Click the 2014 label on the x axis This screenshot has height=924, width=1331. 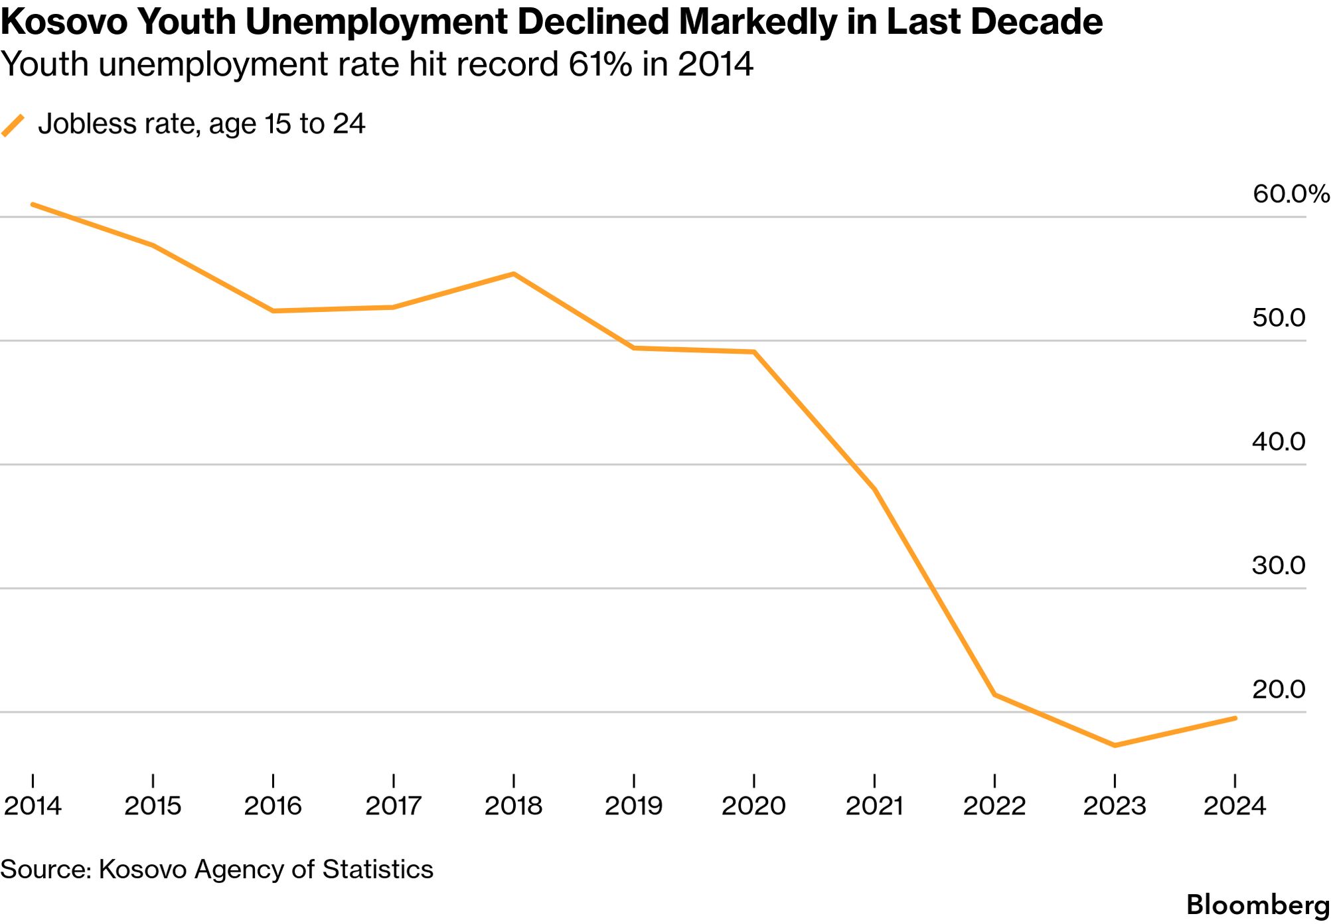click(x=33, y=806)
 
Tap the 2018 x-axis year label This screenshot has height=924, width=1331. click(x=513, y=806)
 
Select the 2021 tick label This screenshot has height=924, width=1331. click(x=874, y=806)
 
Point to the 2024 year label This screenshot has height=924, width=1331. click(x=1235, y=806)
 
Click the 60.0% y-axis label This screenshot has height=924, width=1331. click(x=1291, y=194)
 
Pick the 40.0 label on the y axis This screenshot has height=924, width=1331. click(x=1279, y=441)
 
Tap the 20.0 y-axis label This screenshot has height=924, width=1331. click(x=1279, y=690)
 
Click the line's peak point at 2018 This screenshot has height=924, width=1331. click(x=514, y=273)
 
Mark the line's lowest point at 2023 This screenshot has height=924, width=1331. click(x=1115, y=745)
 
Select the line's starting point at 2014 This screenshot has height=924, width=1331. click(x=33, y=204)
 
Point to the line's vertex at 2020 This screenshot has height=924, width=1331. click(x=754, y=352)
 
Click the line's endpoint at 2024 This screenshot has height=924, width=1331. click(x=1235, y=718)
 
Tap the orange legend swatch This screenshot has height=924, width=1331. click(x=13, y=125)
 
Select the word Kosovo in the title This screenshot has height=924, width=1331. click(x=64, y=22)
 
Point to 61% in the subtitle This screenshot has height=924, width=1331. click(x=600, y=64)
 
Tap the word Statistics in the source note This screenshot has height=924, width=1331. click(x=378, y=869)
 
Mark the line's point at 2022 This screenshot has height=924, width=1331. click(x=994, y=694)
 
